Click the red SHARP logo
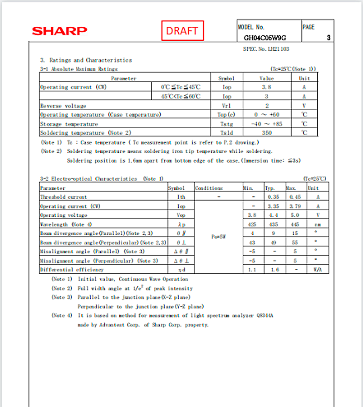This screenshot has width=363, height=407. point(59,31)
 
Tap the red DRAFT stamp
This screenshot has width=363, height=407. point(182,31)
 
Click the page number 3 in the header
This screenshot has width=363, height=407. point(329,39)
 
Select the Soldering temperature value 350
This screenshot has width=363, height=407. point(266,133)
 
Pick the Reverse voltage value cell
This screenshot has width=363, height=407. point(266,106)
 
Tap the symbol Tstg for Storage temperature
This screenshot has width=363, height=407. point(226,124)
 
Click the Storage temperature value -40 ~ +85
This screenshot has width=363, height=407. point(266,124)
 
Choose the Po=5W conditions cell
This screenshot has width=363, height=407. point(218,236)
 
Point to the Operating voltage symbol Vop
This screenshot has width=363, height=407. point(181,215)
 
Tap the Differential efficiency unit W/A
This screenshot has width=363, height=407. point(313,270)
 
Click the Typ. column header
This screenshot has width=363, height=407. point(270,188)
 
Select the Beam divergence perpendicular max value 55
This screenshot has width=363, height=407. point(295,242)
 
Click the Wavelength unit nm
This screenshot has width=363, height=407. point(313,224)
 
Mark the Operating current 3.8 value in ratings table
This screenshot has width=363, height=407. point(266,87)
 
